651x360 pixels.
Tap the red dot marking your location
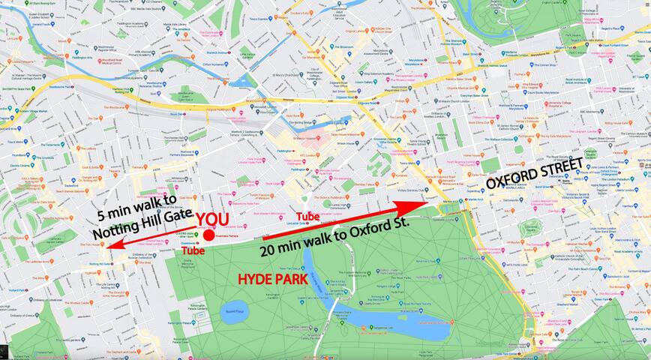208,235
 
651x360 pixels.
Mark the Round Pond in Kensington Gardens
233,311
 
